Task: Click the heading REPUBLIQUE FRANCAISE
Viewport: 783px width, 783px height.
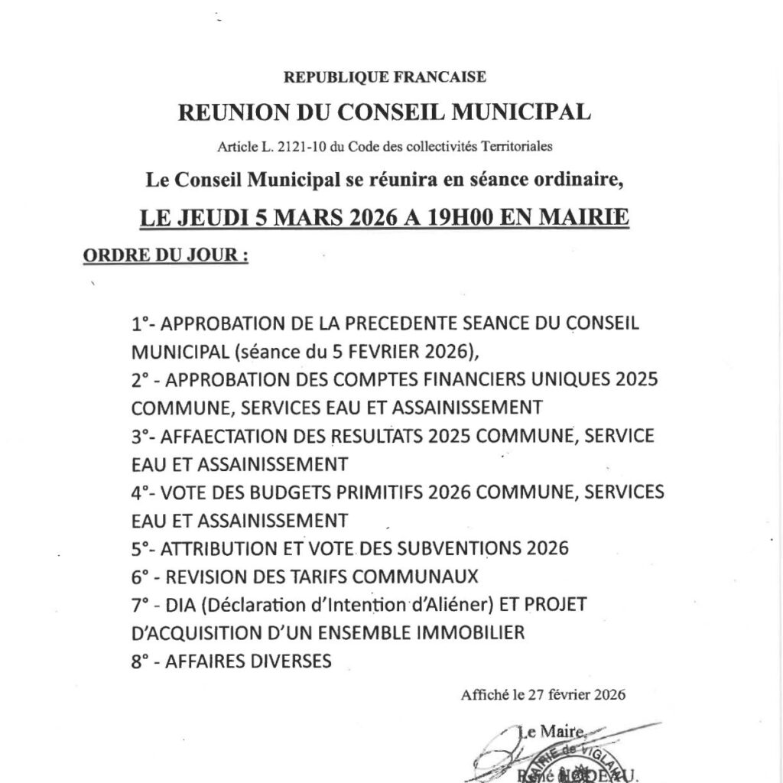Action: point(385,76)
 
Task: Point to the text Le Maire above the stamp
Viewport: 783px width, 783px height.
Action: point(545,732)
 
